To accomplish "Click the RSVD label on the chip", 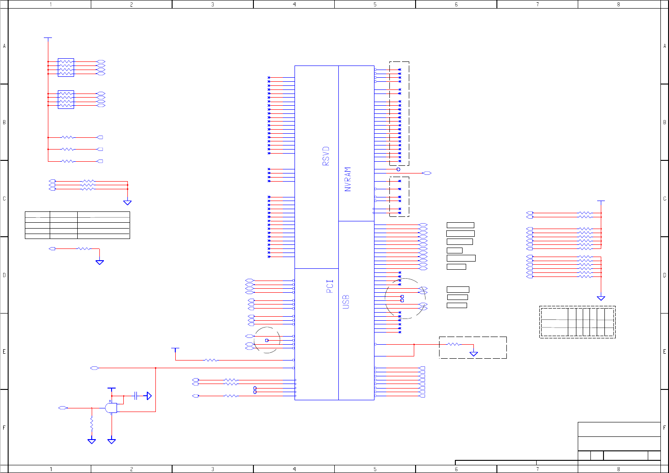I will pos(326,156).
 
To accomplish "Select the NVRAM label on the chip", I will pos(347,179).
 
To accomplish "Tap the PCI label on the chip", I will pos(330,286).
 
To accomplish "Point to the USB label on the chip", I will pos(346,302).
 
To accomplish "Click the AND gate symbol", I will pos(111,408).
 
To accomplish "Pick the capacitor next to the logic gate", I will pos(136,396).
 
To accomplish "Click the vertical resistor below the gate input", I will pos(92,424).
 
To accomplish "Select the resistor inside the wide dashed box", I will pos(453,344).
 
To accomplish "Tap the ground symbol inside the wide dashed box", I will pos(473,353).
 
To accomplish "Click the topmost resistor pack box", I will pos(66,67).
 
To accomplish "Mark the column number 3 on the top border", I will pos(213,5).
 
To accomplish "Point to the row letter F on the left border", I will pos(4,427).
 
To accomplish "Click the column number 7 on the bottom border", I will pos(537,469).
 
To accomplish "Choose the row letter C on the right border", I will pos(664,198).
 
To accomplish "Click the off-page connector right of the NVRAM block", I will pos(426,173).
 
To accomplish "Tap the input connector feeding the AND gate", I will pos(63,408).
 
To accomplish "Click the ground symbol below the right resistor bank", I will pos(601,298).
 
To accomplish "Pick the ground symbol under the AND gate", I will pos(112,441).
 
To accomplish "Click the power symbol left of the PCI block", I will pos(175,349).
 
